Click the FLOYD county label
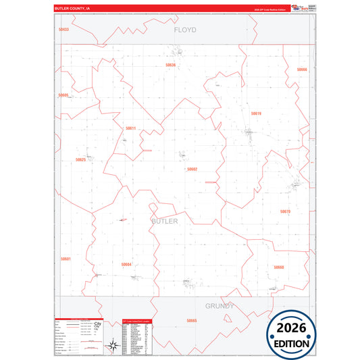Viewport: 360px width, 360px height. point(184,30)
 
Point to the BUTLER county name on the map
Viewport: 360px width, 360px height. point(165,221)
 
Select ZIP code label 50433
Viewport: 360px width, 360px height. point(63,30)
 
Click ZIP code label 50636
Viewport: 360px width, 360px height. point(170,65)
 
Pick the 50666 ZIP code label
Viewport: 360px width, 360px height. point(301,70)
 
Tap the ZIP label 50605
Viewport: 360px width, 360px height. point(63,95)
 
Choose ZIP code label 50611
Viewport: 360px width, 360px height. point(130,128)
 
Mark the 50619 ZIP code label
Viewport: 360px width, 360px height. point(255,113)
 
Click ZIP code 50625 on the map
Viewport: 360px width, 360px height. point(80,160)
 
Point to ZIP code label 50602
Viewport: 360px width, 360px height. point(192,169)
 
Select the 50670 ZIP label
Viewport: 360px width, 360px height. point(284,211)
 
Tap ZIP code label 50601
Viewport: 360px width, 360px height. point(66,259)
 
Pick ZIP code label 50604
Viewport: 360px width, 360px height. point(126,264)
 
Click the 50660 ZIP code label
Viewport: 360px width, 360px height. point(278,267)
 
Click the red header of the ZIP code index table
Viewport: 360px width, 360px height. point(138,321)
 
